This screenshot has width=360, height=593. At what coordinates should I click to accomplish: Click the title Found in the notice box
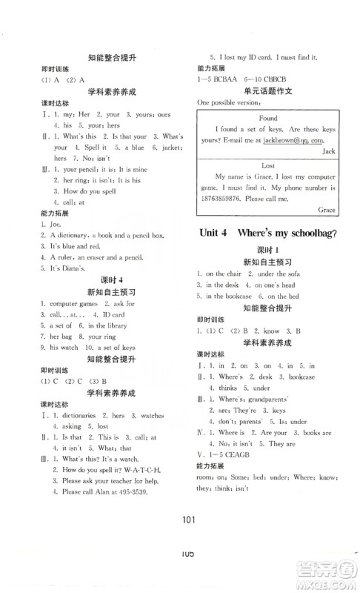268,119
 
